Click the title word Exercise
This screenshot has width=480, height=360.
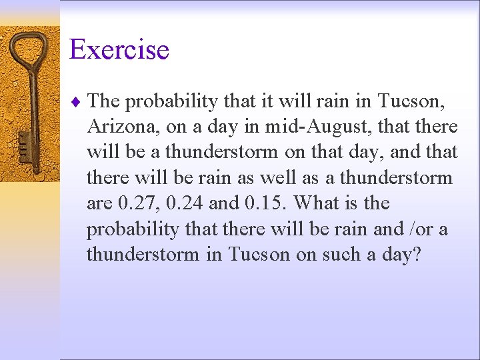(x=119, y=50)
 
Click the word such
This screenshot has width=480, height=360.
(x=347, y=254)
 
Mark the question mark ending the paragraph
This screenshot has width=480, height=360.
(x=417, y=254)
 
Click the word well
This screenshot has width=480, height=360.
(x=299, y=178)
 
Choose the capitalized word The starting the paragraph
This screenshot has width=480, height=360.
(x=104, y=101)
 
